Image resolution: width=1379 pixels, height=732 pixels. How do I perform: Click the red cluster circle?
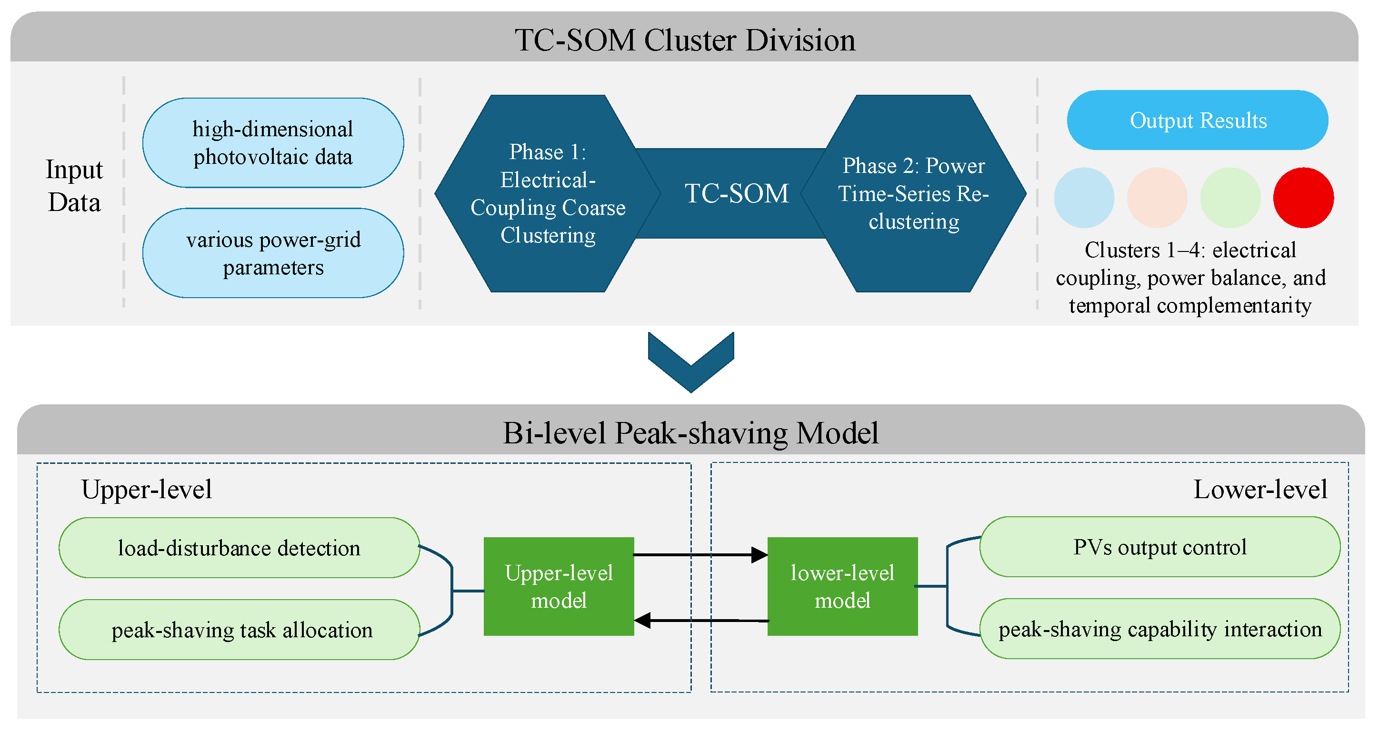click(1303, 198)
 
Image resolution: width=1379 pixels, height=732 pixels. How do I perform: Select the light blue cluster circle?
click(1084, 198)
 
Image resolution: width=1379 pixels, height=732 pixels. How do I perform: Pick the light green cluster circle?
click(1230, 198)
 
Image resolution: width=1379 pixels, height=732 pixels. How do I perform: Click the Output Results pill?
click(1198, 120)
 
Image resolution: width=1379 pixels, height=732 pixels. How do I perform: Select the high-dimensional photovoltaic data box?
click(273, 142)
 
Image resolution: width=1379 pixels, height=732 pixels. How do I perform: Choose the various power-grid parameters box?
click(273, 253)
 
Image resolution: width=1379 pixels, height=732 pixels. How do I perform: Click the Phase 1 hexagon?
click(548, 193)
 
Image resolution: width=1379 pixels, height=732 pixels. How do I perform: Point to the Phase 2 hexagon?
click(913, 193)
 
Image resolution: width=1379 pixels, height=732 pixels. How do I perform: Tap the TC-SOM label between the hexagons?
click(737, 193)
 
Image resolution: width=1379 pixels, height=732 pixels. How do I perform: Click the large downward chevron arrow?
click(691, 362)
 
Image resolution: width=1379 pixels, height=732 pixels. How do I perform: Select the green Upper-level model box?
click(559, 586)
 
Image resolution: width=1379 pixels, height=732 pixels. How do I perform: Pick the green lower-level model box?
click(843, 586)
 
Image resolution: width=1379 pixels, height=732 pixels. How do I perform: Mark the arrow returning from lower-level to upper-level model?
click(701, 621)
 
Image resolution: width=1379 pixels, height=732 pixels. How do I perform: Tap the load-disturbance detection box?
click(240, 547)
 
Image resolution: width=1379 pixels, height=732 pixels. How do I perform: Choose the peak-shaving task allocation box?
click(240, 629)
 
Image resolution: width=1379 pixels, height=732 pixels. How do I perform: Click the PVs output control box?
click(1160, 547)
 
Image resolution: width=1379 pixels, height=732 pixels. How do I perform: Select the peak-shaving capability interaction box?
click(1160, 629)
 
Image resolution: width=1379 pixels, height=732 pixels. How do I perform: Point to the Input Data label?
click(74, 185)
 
